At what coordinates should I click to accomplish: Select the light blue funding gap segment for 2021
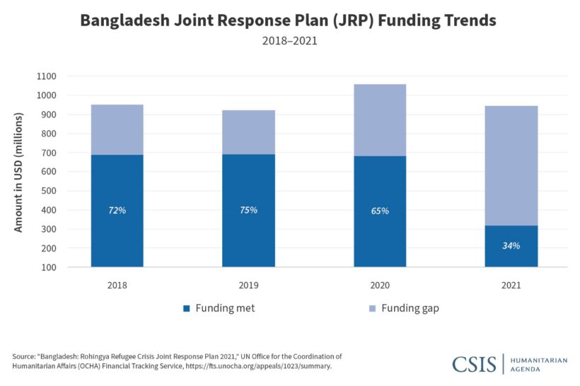click(511, 165)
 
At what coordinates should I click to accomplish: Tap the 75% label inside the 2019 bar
click(248, 210)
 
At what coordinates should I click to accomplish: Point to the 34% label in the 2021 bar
click(511, 246)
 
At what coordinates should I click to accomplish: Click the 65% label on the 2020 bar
click(380, 211)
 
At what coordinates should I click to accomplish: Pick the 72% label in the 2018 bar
click(117, 210)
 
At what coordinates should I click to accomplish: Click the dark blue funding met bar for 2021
click(511, 258)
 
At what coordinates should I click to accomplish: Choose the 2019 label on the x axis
click(248, 286)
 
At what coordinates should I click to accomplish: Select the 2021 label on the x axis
click(511, 286)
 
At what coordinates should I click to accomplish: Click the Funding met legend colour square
click(187, 308)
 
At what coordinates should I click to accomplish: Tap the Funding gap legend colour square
click(372, 308)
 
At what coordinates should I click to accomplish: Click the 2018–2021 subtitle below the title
click(290, 41)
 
